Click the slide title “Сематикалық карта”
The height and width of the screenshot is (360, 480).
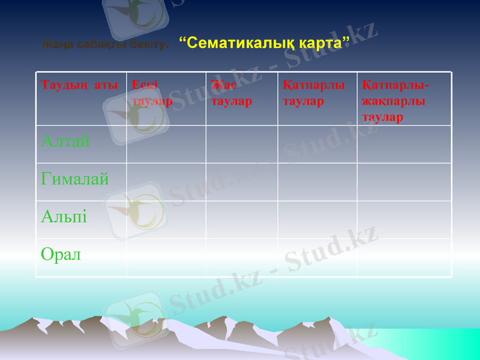coord(265,43)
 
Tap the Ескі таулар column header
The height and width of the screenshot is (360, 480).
coord(153,93)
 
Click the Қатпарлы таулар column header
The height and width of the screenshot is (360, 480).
coord(313,93)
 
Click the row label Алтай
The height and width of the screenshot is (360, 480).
coord(65,142)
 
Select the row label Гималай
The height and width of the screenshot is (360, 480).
coord(75,179)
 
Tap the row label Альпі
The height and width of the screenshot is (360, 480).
coord(64,217)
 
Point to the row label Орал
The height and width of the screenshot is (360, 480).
coord(61,254)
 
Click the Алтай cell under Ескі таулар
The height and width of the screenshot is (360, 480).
coord(166,144)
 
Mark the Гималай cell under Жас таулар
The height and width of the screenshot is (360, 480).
coord(241,182)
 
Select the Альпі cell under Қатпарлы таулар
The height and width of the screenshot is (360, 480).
coord(317,220)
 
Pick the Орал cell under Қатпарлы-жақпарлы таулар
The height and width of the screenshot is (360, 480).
coord(404,257)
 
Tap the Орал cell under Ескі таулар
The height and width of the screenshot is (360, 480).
coord(166,257)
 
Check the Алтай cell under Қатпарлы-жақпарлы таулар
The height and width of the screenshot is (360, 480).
coord(404,144)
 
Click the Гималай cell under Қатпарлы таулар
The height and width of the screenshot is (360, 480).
coord(317,182)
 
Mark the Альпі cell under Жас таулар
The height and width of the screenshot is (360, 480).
coord(241,220)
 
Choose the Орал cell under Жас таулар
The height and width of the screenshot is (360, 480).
coord(241,257)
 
